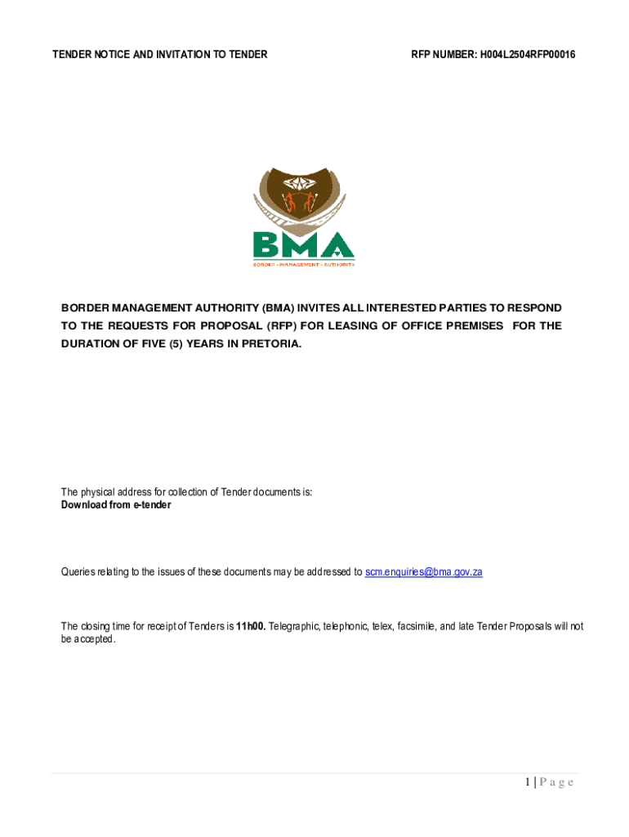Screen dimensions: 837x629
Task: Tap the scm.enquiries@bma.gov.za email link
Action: pos(423,572)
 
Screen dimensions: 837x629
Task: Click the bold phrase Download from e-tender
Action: pos(116,505)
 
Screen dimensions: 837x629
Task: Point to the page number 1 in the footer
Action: pos(529,782)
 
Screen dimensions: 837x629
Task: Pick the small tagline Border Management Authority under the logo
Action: pos(303,264)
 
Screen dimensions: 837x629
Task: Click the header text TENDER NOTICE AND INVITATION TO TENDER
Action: pos(160,55)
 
